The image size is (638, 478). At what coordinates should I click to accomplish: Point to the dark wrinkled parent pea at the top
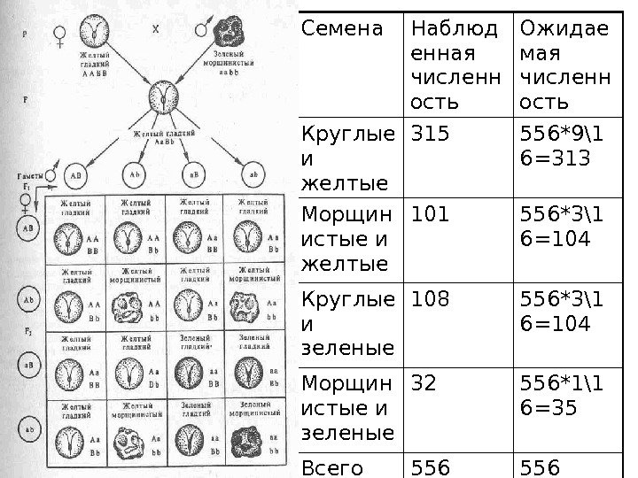click(233, 28)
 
